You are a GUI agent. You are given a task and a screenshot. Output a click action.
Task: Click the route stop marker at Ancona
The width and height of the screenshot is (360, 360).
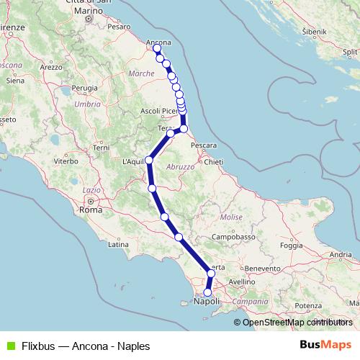pyautogui.click(x=157, y=49)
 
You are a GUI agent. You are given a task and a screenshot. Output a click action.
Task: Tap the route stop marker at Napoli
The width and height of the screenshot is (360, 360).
pyautogui.click(x=207, y=293)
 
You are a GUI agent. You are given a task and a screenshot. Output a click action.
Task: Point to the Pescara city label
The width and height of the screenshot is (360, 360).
pyautogui.click(x=204, y=145)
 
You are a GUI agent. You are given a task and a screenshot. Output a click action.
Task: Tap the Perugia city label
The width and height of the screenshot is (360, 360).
pyautogui.click(x=84, y=88)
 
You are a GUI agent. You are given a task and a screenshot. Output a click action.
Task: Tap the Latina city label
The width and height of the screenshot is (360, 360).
pyautogui.click(x=117, y=245)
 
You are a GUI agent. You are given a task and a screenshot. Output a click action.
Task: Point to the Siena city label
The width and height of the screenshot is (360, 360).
pyautogui.click(x=15, y=81)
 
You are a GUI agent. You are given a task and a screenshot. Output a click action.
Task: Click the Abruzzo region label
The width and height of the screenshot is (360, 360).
pyautogui.click(x=181, y=166)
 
